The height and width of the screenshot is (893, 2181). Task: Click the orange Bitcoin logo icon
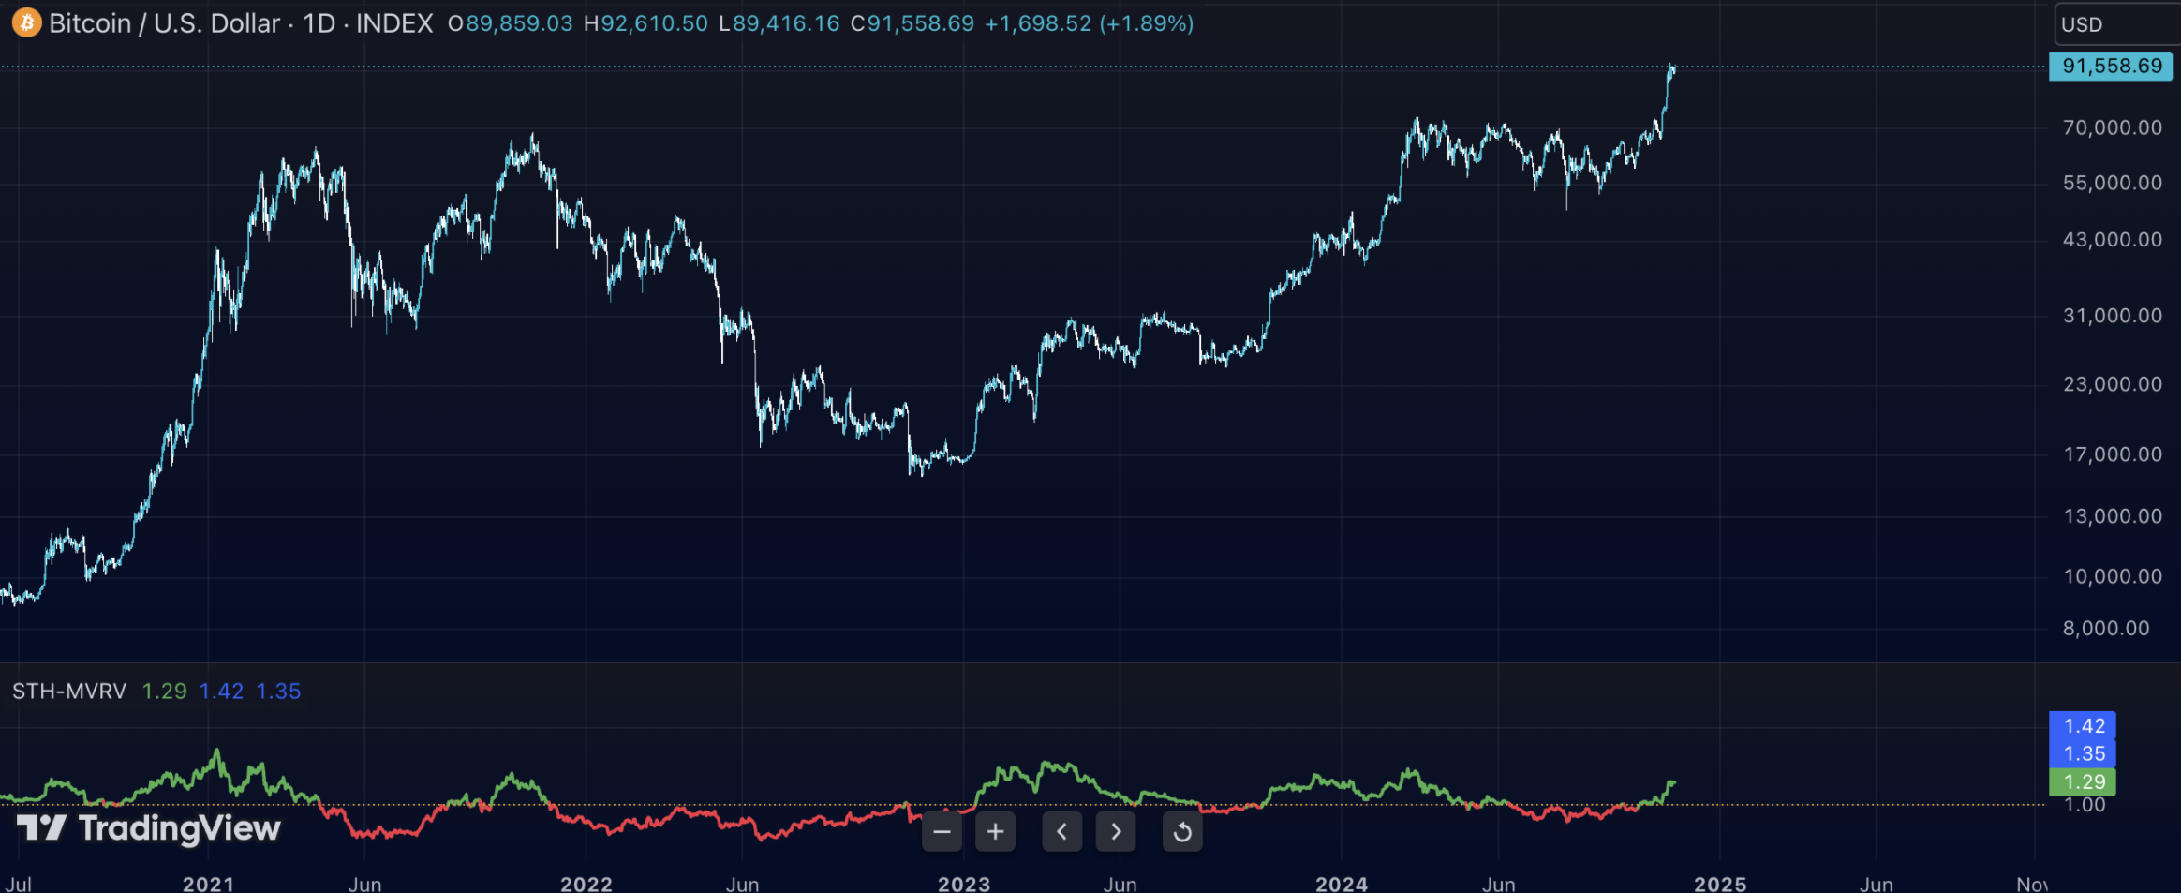[x=26, y=22]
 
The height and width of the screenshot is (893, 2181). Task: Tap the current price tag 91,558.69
[x=2111, y=67]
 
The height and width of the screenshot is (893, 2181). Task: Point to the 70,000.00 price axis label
[x=2112, y=127]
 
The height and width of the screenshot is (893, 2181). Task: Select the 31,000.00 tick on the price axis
[x=2112, y=316]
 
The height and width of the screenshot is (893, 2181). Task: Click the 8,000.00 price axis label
[x=2105, y=629]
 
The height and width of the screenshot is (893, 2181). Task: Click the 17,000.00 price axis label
[x=2112, y=454]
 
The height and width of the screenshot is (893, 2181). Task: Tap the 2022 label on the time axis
[x=586, y=884]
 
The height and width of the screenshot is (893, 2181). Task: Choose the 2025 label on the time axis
[x=1720, y=884]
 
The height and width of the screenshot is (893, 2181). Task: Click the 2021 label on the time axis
[x=208, y=884]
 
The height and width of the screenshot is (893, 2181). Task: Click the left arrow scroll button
[x=1061, y=831]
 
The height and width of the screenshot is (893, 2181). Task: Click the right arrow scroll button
[x=1116, y=831]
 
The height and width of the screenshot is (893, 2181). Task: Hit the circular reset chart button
[x=1182, y=831]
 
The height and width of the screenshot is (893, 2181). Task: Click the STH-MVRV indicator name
[x=69, y=692]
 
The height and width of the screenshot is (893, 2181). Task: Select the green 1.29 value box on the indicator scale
[x=2084, y=781]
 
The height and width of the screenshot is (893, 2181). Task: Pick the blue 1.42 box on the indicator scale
[x=2084, y=726]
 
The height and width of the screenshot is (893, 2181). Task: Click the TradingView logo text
[x=178, y=828]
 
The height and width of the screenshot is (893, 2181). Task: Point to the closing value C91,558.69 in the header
[x=912, y=23]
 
